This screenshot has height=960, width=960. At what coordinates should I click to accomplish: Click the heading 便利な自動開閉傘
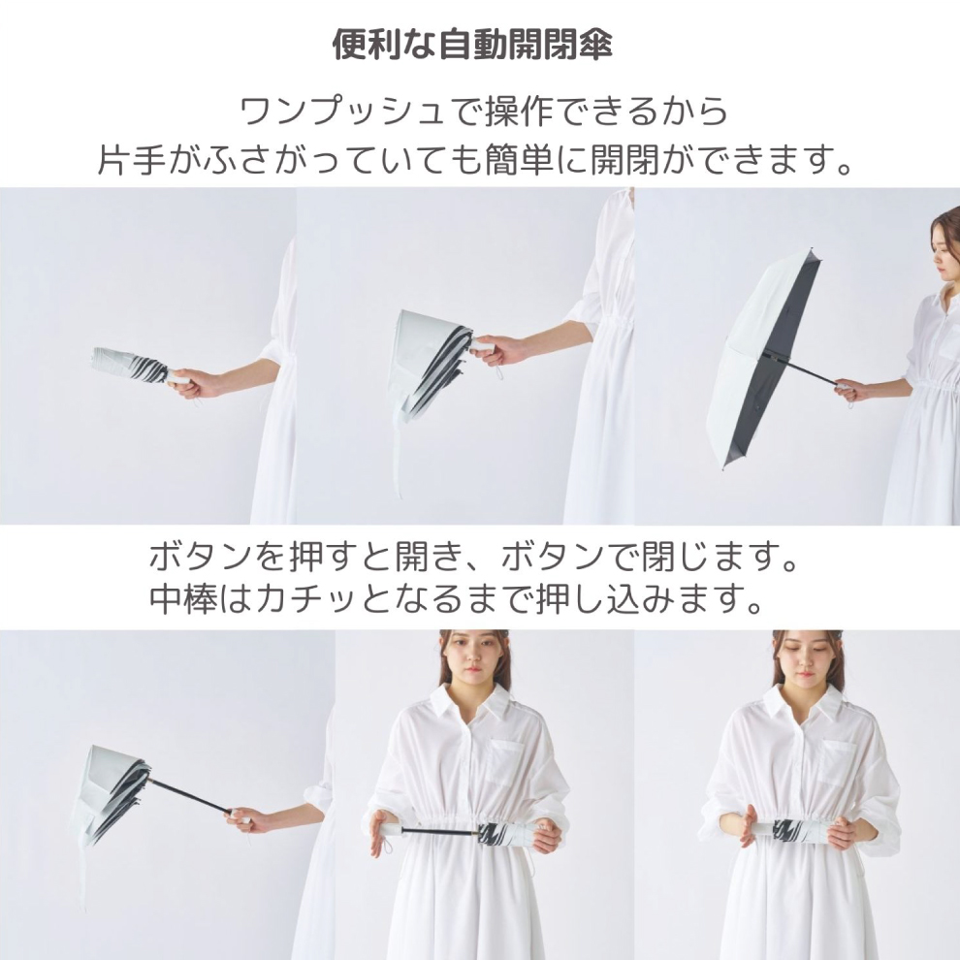point(472,45)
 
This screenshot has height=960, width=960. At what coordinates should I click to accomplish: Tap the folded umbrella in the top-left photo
point(133,366)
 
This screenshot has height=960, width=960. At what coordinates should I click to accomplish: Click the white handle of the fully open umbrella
point(843,386)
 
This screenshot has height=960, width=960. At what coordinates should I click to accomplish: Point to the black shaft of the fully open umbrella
point(803,369)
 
